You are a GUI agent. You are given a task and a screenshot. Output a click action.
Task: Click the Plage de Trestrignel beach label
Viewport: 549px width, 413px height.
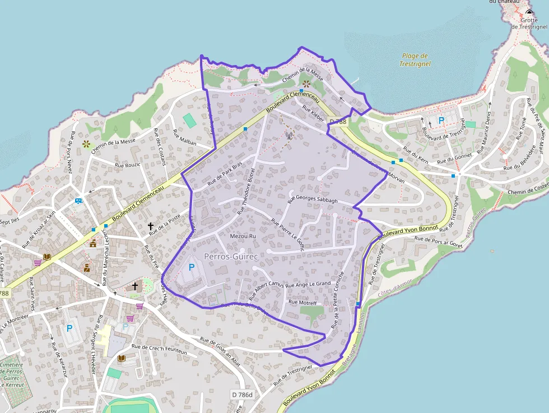(415, 59)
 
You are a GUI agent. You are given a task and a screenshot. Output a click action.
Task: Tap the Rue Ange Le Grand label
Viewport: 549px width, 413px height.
(308, 285)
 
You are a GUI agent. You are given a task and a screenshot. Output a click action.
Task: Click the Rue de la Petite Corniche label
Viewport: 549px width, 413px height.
(337, 300)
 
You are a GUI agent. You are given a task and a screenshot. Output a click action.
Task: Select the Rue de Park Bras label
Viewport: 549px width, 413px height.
(225, 174)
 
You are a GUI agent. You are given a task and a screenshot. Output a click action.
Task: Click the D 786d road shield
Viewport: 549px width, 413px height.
(243, 395)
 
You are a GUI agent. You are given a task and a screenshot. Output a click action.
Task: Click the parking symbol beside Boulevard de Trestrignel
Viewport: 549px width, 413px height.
(441, 120)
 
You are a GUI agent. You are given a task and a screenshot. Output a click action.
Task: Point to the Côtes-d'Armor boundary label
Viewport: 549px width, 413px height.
(395, 287)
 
